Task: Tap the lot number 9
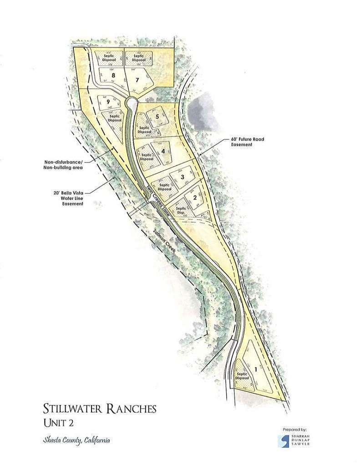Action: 108,102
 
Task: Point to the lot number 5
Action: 157,116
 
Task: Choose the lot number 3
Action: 182,177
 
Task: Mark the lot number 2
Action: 194,197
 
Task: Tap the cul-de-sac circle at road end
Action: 131,102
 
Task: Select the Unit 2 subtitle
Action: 57,423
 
